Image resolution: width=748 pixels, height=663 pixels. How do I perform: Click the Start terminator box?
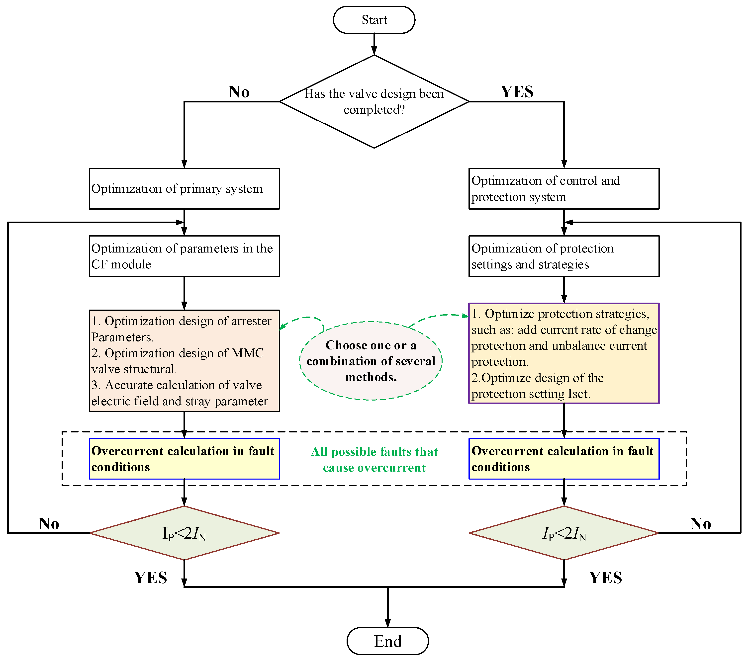click(x=374, y=20)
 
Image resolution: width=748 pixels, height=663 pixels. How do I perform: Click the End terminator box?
click(x=387, y=641)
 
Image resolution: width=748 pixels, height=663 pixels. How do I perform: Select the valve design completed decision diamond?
click(x=374, y=102)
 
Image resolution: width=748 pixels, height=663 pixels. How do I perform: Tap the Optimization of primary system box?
click(x=184, y=189)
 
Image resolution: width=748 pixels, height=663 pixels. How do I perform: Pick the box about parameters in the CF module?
click(x=184, y=256)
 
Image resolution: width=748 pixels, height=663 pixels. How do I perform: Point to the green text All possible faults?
click(x=374, y=460)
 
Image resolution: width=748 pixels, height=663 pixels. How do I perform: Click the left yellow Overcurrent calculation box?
click(x=184, y=459)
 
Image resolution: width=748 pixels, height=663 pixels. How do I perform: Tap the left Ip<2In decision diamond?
click(x=184, y=533)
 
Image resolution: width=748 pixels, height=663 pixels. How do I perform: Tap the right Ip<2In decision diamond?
click(x=564, y=533)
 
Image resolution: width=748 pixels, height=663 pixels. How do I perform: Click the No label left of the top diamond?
click(x=239, y=91)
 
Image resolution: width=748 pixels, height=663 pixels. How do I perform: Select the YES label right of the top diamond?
click(x=517, y=91)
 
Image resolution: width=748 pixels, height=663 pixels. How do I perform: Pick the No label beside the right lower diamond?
click(x=700, y=524)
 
